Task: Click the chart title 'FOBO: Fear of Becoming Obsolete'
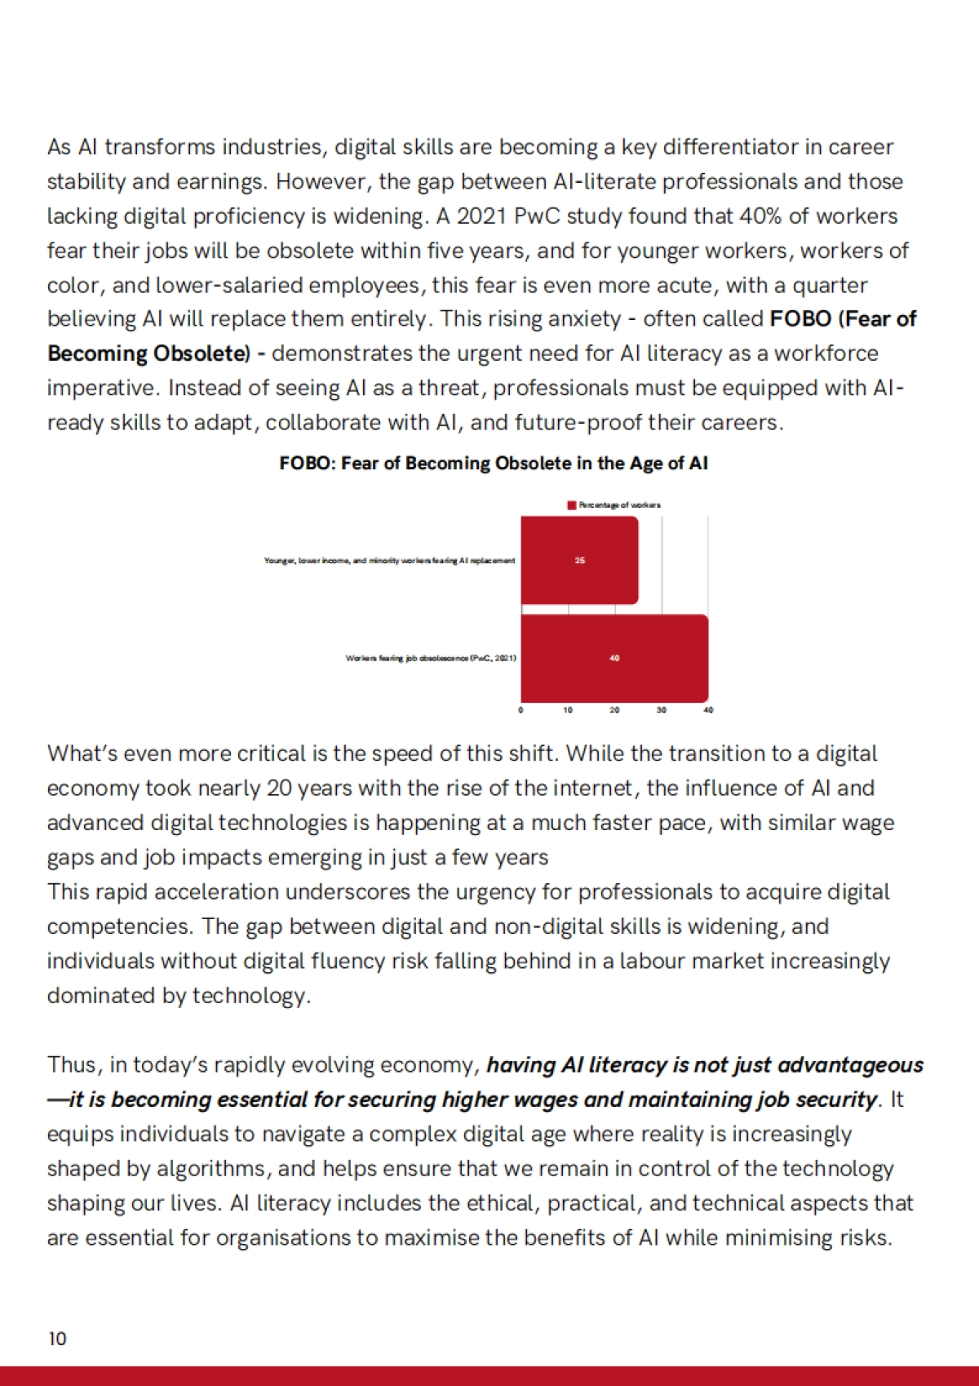tap(493, 464)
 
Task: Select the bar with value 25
tap(579, 561)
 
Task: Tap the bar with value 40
tap(614, 658)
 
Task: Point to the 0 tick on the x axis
tap(521, 710)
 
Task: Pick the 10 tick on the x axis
tap(568, 710)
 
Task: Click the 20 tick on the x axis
tap(614, 710)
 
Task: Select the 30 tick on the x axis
tap(661, 710)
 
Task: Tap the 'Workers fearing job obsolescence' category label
tap(431, 658)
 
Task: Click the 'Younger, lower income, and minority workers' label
tap(389, 561)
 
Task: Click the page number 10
tap(57, 1339)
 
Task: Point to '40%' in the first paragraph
tap(760, 216)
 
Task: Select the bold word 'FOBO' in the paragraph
tap(800, 319)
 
